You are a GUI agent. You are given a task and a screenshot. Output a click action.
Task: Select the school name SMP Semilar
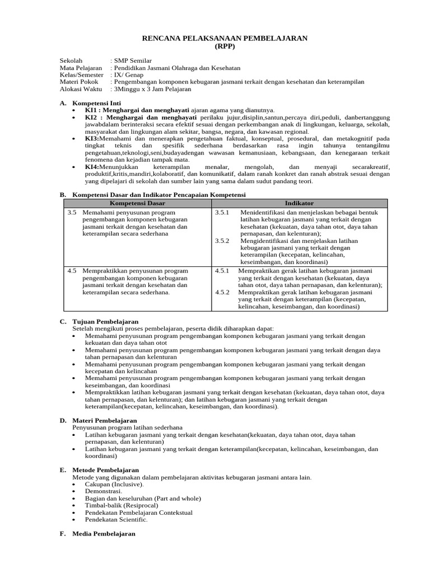pyautogui.click(x=133, y=60)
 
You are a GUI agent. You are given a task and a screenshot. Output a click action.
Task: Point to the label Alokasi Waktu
pyautogui.click(x=81, y=88)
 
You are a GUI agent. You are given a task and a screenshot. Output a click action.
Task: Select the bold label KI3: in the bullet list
pyautogui.click(x=92, y=138)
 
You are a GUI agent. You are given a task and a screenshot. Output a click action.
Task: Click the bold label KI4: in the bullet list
pyautogui.click(x=92, y=167)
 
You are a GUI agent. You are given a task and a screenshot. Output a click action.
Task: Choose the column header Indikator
pyautogui.click(x=300, y=203)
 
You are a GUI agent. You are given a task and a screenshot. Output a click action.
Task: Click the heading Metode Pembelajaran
pyautogui.click(x=105, y=470)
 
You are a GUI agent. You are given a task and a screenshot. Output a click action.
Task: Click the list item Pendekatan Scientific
pyautogui.click(x=116, y=519)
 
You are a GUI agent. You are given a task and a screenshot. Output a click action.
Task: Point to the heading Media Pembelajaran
pyautogui.click(x=104, y=534)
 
